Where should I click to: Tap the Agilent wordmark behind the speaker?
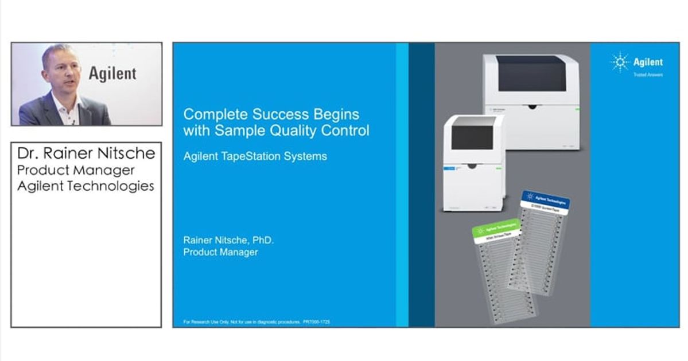[112, 73]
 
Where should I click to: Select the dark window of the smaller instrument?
[472, 137]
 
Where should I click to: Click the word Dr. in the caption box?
[29, 154]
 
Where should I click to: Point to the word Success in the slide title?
[274, 114]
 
